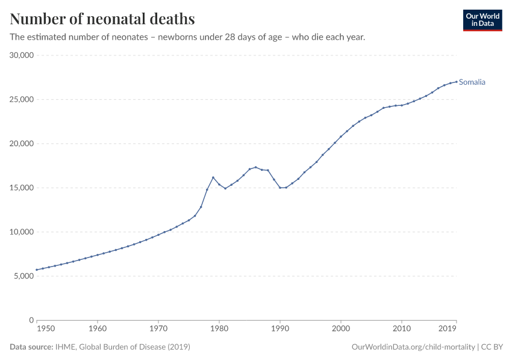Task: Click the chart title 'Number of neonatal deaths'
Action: point(102,19)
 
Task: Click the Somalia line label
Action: point(472,82)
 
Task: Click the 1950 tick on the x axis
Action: point(45,329)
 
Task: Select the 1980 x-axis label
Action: point(219,329)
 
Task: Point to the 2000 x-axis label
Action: point(341,329)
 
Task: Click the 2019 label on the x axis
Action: point(447,329)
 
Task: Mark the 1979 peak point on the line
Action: point(213,177)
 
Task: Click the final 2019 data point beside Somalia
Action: point(456,81)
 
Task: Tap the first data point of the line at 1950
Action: point(37,270)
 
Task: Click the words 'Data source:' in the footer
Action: point(31,347)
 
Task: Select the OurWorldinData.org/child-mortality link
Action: point(413,347)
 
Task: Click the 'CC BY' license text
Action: point(492,347)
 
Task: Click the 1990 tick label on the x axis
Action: point(280,329)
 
